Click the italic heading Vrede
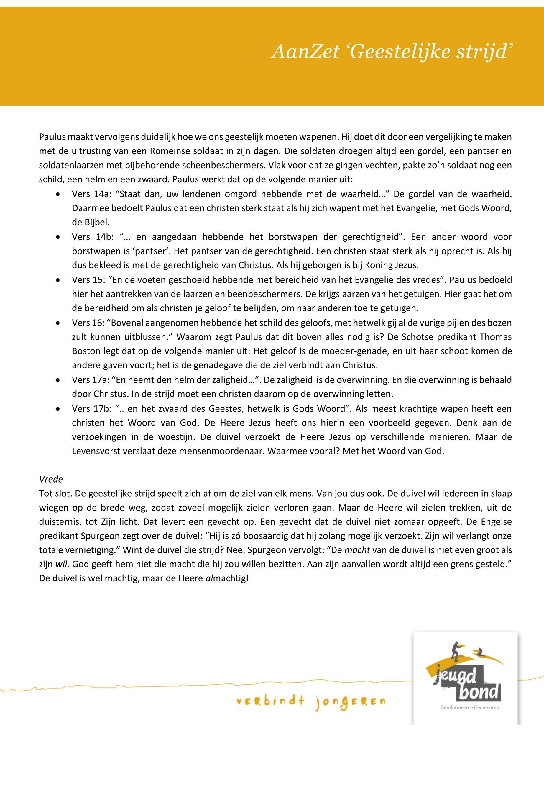(51, 479)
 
